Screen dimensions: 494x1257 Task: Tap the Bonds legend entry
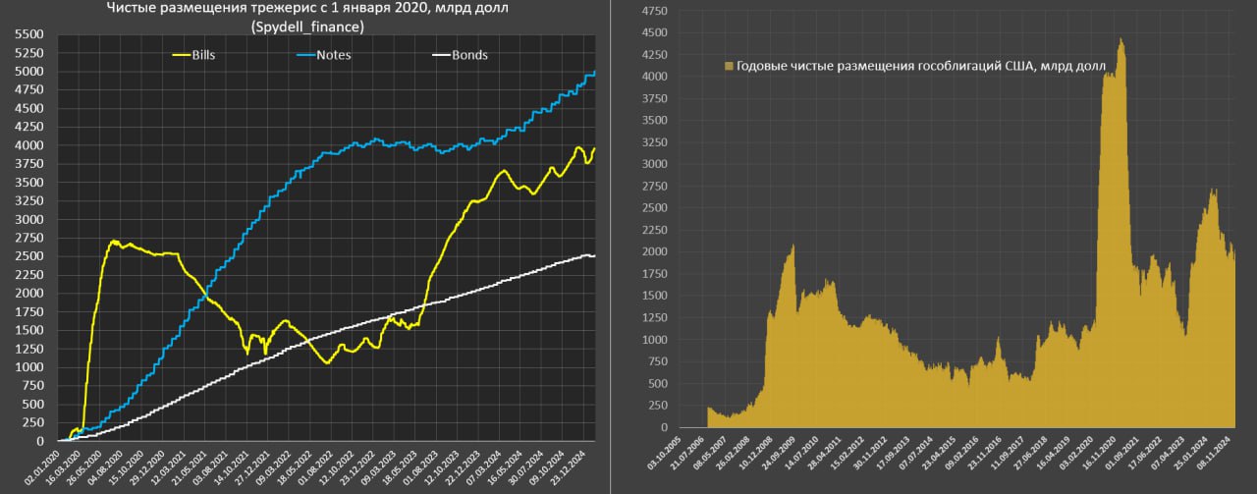pos(469,55)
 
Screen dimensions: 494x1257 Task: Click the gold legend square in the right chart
pos(728,66)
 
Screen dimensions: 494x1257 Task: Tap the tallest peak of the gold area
pos(1120,39)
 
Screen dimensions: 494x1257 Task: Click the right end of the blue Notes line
pos(594,73)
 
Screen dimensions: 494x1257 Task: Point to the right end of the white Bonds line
pos(594,256)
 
